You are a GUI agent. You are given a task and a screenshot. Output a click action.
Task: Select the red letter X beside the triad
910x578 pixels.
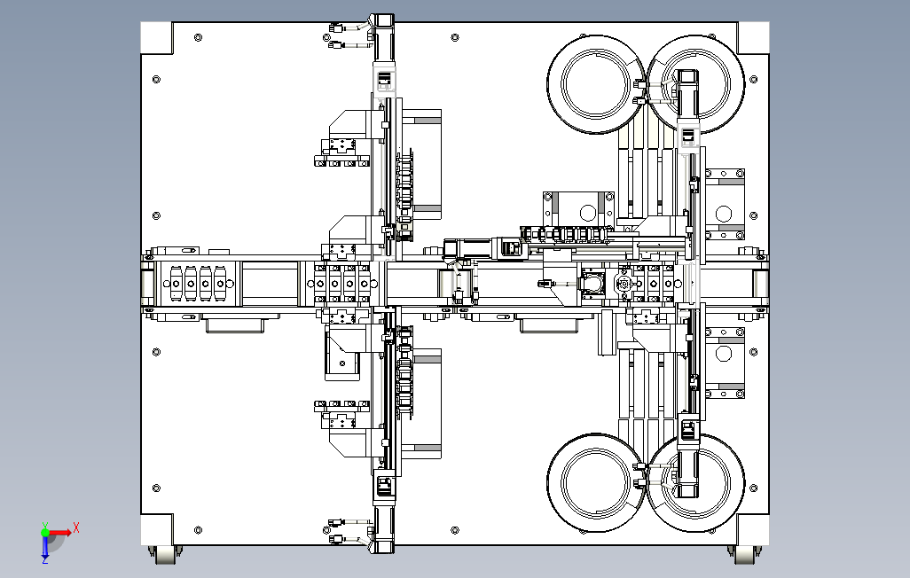(x=77, y=527)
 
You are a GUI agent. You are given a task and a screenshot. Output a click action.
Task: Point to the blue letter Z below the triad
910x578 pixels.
(x=45, y=560)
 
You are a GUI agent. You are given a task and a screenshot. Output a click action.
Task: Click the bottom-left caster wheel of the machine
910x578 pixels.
(x=165, y=553)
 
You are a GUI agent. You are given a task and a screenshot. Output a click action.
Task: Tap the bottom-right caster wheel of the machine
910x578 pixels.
(x=745, y=553)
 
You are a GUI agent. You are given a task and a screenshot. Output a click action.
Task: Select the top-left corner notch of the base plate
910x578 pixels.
(x=157, y=38)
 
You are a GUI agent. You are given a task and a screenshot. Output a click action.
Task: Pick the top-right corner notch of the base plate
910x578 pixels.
(x=753, y=38)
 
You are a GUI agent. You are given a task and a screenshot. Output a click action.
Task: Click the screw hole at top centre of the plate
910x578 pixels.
(x=455, y=39)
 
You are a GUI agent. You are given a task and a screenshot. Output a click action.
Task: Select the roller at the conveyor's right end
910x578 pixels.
(x=761, y=284)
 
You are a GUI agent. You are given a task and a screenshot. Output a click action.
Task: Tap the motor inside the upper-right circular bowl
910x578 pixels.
(x=689, y=89)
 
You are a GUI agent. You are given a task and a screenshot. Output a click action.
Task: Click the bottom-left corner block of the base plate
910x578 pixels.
(x=157, y=530)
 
